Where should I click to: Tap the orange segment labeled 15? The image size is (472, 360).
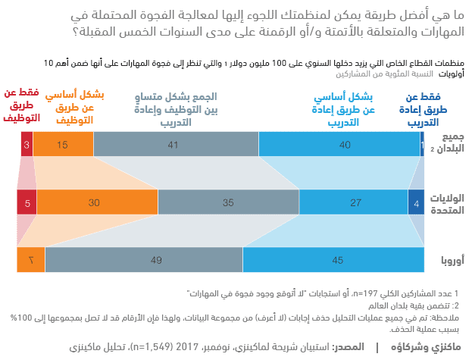click(x=63, y=144)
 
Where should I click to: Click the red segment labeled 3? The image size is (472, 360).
click(x=27, y=144)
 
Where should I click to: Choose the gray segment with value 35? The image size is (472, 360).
click(x=228, y=202)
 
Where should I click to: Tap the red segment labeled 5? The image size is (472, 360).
click(x=27, y=202)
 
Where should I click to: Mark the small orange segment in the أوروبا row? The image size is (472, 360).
click(x=31, y=260)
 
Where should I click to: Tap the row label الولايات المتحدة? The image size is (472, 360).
click(x=447, y=202)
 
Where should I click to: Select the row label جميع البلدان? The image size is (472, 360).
click(x=447, y=144)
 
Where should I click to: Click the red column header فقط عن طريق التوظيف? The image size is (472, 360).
click(x=21, y=106)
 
